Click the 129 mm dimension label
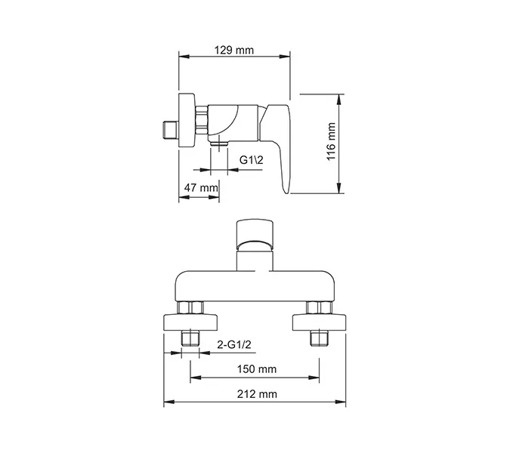[x=233, y=51]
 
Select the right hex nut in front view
[x=319, y=307]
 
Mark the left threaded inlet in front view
[x=190, y=337]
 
